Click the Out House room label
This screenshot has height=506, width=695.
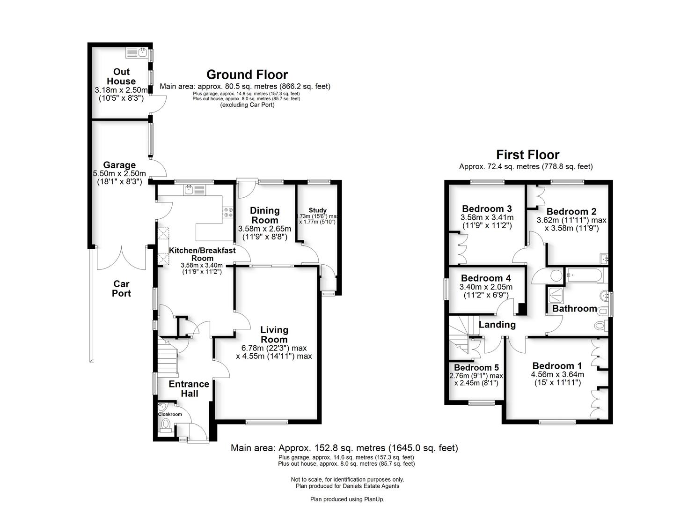coord(121,76)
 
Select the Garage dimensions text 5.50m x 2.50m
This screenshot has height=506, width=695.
coord(119,174)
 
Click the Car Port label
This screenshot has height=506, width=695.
coord(121,289)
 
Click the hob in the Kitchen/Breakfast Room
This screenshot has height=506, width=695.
coord(228,212)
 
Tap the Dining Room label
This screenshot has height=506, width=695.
coord(264,215)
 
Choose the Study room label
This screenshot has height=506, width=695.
coord(317,210)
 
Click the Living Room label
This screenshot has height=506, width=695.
coord(274,335)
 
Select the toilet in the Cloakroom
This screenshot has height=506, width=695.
coord(165,425)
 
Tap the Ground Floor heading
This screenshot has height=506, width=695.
coord(247,74)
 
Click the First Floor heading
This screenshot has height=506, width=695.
coord(527,155)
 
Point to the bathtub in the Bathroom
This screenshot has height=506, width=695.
coord(585,275)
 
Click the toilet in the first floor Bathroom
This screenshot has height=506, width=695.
coord(600,325)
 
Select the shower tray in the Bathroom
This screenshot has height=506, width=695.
coord(556,294)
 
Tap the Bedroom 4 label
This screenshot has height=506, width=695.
coord(485,278)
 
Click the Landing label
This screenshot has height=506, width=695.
coord(497,325)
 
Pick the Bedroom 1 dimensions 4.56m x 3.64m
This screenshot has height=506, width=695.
coord(557,374)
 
